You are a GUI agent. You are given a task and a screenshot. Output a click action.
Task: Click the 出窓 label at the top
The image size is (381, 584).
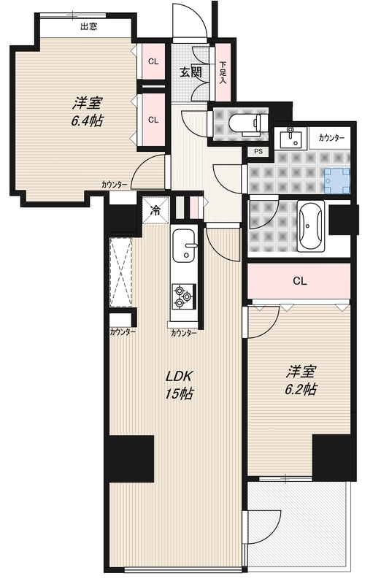tap(89, 27)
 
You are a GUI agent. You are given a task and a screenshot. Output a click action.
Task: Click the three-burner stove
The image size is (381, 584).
tap(182, 296)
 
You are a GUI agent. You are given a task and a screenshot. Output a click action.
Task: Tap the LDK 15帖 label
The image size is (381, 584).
tap(178, 385)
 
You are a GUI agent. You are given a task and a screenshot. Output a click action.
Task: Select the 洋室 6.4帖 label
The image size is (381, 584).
tap(86, 109)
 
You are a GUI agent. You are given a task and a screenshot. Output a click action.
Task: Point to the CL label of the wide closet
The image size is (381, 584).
tap(299, 281)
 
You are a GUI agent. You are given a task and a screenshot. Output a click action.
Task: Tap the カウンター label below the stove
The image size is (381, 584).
tap(183, 332)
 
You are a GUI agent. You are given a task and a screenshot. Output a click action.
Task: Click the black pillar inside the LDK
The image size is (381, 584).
tap(131, 458)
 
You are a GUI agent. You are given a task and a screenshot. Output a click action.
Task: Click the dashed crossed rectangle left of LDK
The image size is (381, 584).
tap(121, 272)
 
